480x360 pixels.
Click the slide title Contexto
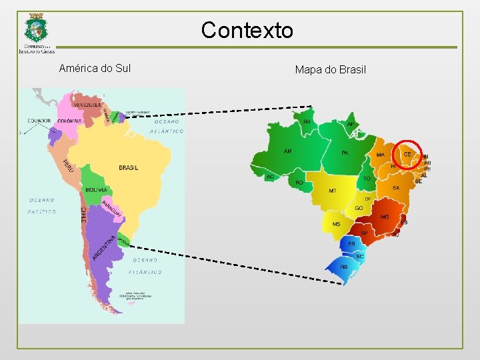(x=247, y=30)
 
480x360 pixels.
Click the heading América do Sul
(x=95, y=68)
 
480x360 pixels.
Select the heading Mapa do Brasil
(x=331, y=69)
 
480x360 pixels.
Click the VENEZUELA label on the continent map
(x=87, y=105)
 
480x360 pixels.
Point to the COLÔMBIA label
(x=69, y=121)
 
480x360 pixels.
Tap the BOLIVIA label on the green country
(x=96, y=190)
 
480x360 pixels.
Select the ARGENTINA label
(x=105, y=247)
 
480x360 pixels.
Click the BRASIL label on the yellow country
(x=129, y=167)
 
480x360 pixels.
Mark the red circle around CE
(x=407, y=155)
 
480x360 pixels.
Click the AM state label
(x=288, y=151)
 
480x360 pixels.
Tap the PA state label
(x=345, y=153)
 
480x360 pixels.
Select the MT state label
(x=333, y=191)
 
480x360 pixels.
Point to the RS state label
(x=344, y=267)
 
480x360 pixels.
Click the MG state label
(x=385, y=217)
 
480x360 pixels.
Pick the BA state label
(x=396, y=188)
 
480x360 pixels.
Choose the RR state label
(x=307, y=122)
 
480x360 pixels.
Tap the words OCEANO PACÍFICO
(x=42, y=205)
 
